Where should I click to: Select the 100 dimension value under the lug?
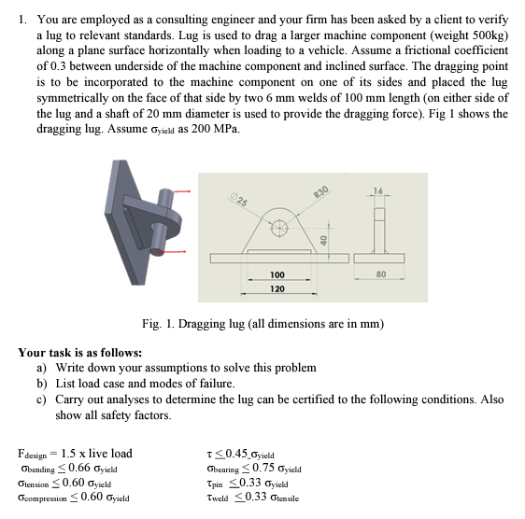(x=277, y=275)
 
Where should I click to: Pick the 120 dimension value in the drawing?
(x=277, y=289)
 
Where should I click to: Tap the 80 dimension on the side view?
(x=381, y=274)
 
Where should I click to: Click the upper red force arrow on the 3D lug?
(x=180, y=191)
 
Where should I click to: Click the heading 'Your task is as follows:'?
(x=79, y=353)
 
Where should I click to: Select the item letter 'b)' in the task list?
(x=42, y=384)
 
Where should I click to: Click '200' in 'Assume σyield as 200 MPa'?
(x=201, y=128)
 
